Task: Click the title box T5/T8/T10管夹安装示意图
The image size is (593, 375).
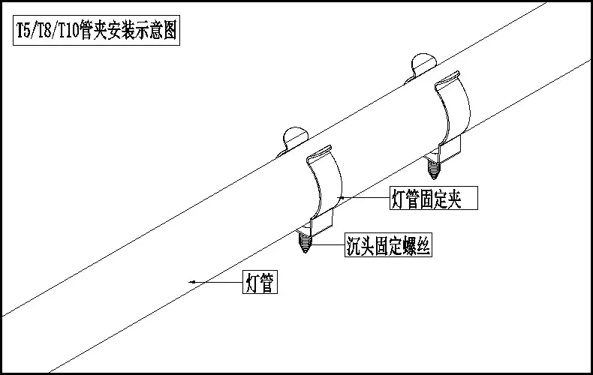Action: tap(96, 30)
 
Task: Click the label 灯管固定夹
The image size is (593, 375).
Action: tap(434, 198)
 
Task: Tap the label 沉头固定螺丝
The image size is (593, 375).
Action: tap(388, 245)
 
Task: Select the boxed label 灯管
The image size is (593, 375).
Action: tap(260, 282)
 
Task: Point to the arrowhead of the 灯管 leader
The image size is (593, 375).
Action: tap(191, 282)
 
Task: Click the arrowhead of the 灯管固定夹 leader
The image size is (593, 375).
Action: tap(340, 198)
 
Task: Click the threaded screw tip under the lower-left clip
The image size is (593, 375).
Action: tap(305, 242)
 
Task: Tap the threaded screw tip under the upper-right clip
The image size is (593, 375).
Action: tap(433, 169)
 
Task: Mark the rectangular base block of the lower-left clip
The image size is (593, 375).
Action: tap(322, 223)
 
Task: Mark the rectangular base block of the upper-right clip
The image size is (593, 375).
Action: tap(450, 149)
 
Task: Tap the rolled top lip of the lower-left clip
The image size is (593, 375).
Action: tap(319, 154)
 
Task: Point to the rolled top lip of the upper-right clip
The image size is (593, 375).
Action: tap(447, 79)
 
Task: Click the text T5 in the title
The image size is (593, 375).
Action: tap(23, 30)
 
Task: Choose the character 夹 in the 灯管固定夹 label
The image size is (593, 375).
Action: tap(454, 199)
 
